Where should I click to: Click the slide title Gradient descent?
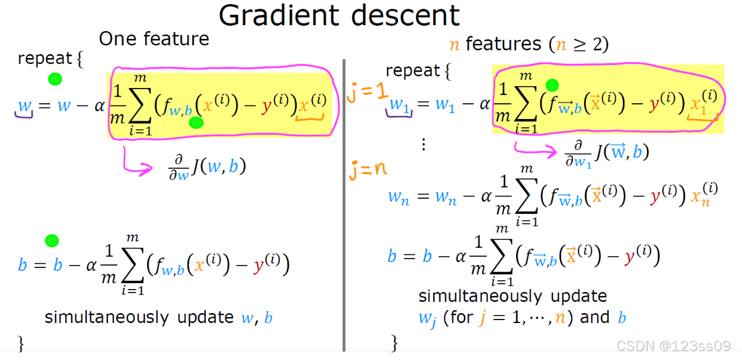339,16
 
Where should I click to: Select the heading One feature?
154,39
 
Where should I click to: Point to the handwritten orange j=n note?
369,170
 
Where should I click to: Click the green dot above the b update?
52,240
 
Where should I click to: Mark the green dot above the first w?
55,79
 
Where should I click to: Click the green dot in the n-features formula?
551,86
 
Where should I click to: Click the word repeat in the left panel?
45,59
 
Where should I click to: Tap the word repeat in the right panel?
413,71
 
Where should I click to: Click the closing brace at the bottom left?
22,342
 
